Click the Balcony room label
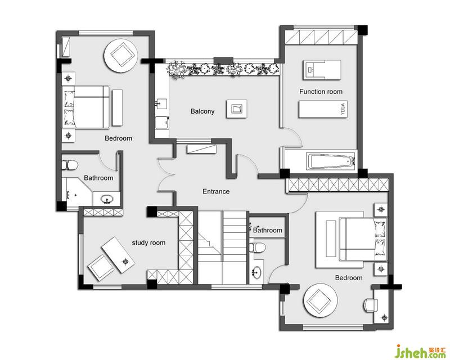pos(202,111)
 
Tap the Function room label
pos(321,92)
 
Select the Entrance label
pos(216,191)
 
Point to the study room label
pos(148,243)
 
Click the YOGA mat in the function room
pos(323,109)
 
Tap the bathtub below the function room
pos(331,161)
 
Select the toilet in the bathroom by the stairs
pos(256,247)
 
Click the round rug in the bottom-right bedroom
pos(320,300)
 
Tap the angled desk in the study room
pos(118,255)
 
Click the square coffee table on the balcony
pos(237,109)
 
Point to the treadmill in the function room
pos(322,70)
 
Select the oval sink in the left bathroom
pos(107,199)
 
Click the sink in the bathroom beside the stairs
pos(256,272)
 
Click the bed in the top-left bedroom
pos(86,107)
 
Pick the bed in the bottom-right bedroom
pos(363,240)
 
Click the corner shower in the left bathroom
pos(78,191)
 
